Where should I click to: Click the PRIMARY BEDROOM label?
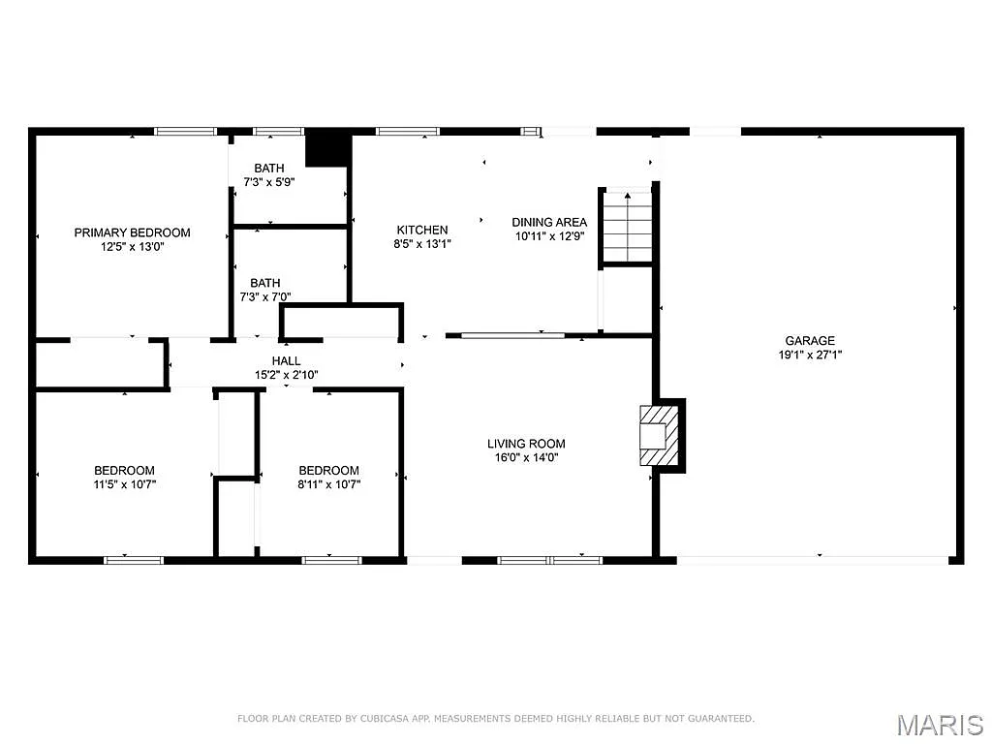133,232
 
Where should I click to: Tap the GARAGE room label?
810,340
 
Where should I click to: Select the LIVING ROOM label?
526,444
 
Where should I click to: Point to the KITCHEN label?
422,230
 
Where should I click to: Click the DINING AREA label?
549,222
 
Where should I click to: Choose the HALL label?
286,360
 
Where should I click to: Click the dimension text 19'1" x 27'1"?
810,355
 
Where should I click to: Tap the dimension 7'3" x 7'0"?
264,297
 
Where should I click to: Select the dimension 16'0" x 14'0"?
526,457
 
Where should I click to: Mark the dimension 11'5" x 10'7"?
124,484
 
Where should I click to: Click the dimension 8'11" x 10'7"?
328,484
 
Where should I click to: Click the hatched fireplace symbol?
659,436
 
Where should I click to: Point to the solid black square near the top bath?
327,147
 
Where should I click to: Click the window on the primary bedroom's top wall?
185,131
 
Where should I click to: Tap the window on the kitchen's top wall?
407,131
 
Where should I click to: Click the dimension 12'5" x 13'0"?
133,247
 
